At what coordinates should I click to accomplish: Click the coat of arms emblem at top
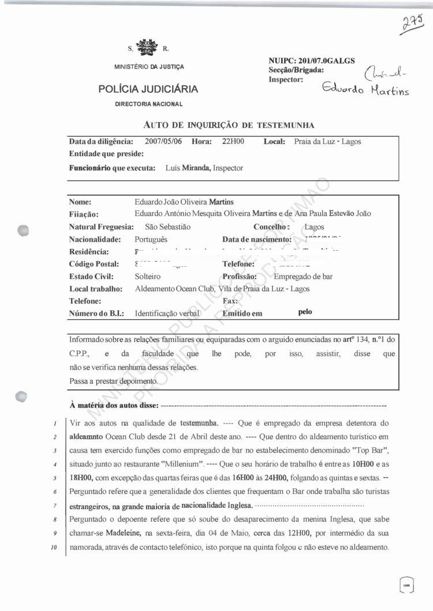click(x=148, y=47)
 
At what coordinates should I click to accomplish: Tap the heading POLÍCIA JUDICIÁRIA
click(x=148, y=89)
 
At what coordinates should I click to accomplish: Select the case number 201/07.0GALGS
click(x=326, y=61)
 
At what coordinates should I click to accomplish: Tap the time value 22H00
click(x=234, y=141)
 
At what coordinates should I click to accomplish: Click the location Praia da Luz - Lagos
click(x=327, y=141)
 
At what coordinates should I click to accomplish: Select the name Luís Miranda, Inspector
click(x=204, y=168)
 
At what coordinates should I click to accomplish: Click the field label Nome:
click(x=80, y=202)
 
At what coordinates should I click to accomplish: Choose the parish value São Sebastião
click(x=168, y=227)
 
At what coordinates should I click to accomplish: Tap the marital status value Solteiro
click(x=148, y=276)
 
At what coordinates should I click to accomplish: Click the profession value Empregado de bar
click(x=303, y=276)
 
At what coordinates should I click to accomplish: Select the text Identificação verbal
click(x=167, y=314)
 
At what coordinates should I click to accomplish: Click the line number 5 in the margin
click(x=53, y=477)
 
